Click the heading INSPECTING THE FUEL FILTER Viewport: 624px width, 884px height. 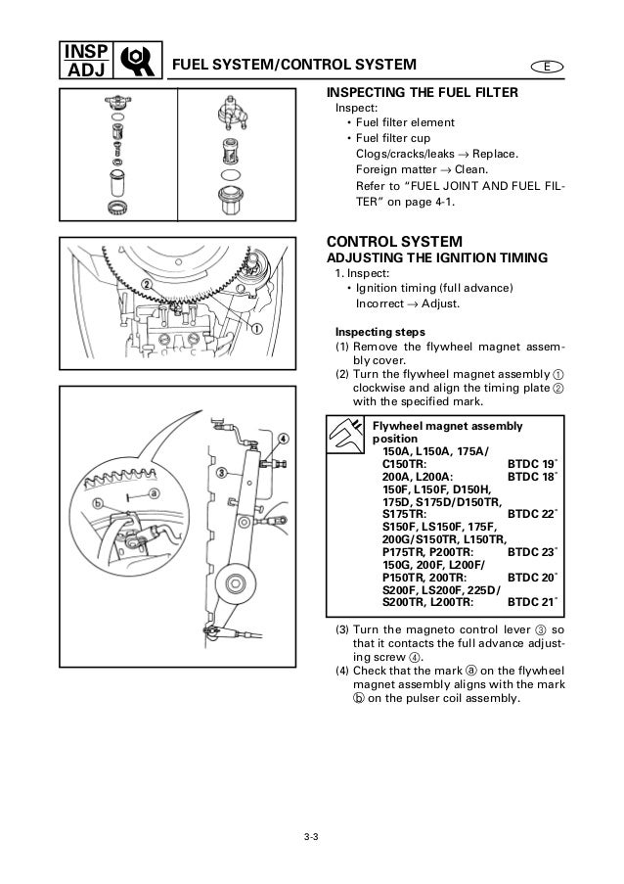point(422,93)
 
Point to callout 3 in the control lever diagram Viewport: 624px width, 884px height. point(221,471)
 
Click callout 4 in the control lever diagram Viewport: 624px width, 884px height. point(282,438)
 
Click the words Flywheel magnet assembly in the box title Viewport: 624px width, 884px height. point(447,426)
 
